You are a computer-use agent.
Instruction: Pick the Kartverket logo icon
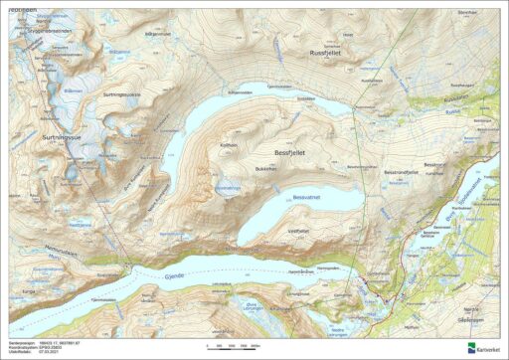(x=470, y=347)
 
